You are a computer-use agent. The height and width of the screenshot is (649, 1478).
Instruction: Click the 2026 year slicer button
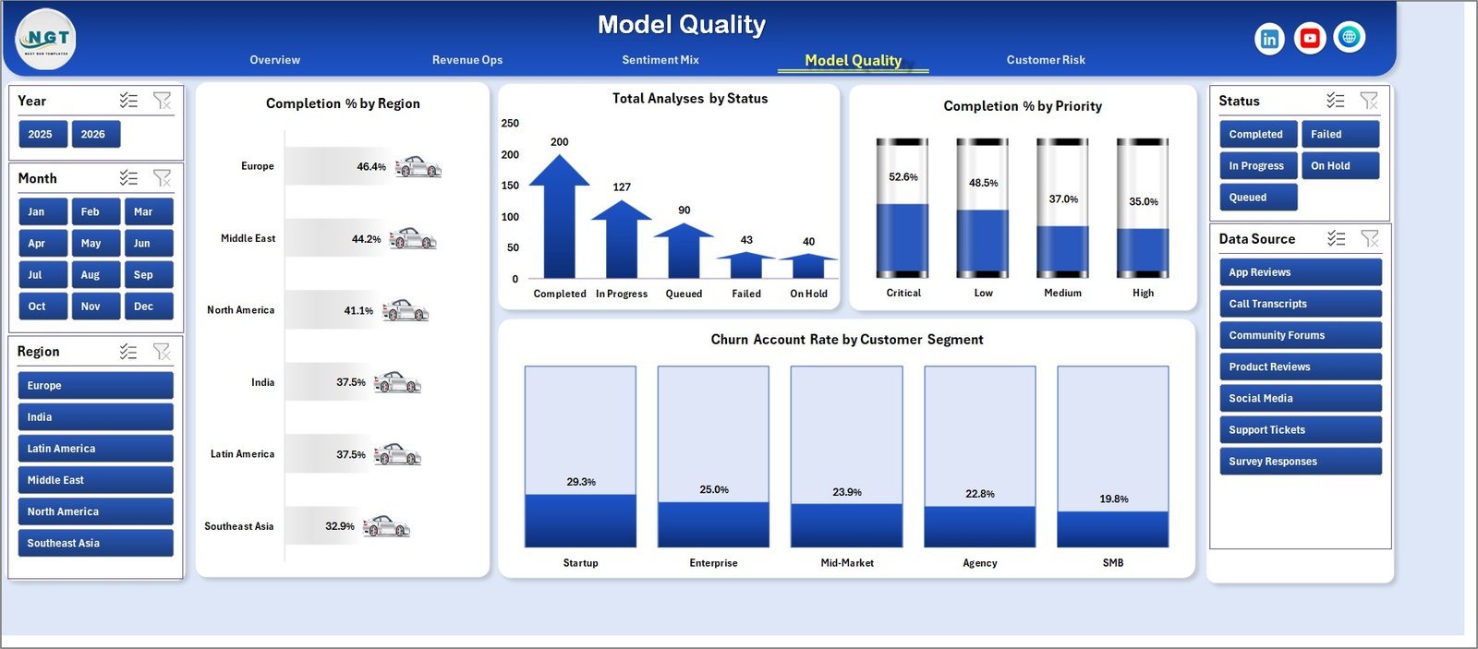[x=96, y=134]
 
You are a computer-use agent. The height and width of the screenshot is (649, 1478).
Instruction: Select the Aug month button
[x=96, y=274]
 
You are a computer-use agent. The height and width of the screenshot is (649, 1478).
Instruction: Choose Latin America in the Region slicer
[x=96, y=449]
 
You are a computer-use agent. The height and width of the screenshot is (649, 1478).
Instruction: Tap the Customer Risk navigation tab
[x=1046, y=60]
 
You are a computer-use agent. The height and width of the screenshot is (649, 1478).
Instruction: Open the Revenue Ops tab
[x=467, y=60]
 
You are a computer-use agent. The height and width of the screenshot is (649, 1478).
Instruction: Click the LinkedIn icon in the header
[x=1269, y=39]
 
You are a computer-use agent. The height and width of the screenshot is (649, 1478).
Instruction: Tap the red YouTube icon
[x=1310, y=38]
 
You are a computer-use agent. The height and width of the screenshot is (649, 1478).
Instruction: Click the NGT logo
[x=45, y=40]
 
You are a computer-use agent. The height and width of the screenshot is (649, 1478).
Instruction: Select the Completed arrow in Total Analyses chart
[x=559, y=216]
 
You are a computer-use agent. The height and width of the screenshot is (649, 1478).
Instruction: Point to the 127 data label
[x=622, y=186]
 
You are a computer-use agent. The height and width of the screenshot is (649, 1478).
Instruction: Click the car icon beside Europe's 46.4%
[x=418, y=167]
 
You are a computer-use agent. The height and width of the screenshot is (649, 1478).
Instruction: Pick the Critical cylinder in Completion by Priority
[x=902, y=208]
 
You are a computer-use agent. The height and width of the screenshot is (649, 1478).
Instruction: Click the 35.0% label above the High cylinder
[x=1143, y=201]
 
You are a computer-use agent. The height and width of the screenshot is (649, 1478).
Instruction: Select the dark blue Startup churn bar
[x=581, y=521]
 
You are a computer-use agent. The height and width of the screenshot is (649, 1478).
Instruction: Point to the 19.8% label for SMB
[x=1113, y=499]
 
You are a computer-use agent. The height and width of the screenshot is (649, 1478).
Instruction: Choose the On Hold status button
[x=1340, y=165]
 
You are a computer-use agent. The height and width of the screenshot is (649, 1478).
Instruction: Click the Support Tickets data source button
[x=1301, y=430]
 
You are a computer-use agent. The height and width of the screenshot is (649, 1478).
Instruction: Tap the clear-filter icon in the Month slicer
[x=162, y=178]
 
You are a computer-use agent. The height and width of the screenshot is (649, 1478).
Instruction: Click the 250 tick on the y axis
[x=510, y=123]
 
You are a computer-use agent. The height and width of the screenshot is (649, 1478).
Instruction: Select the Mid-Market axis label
[x=846, y=562]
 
